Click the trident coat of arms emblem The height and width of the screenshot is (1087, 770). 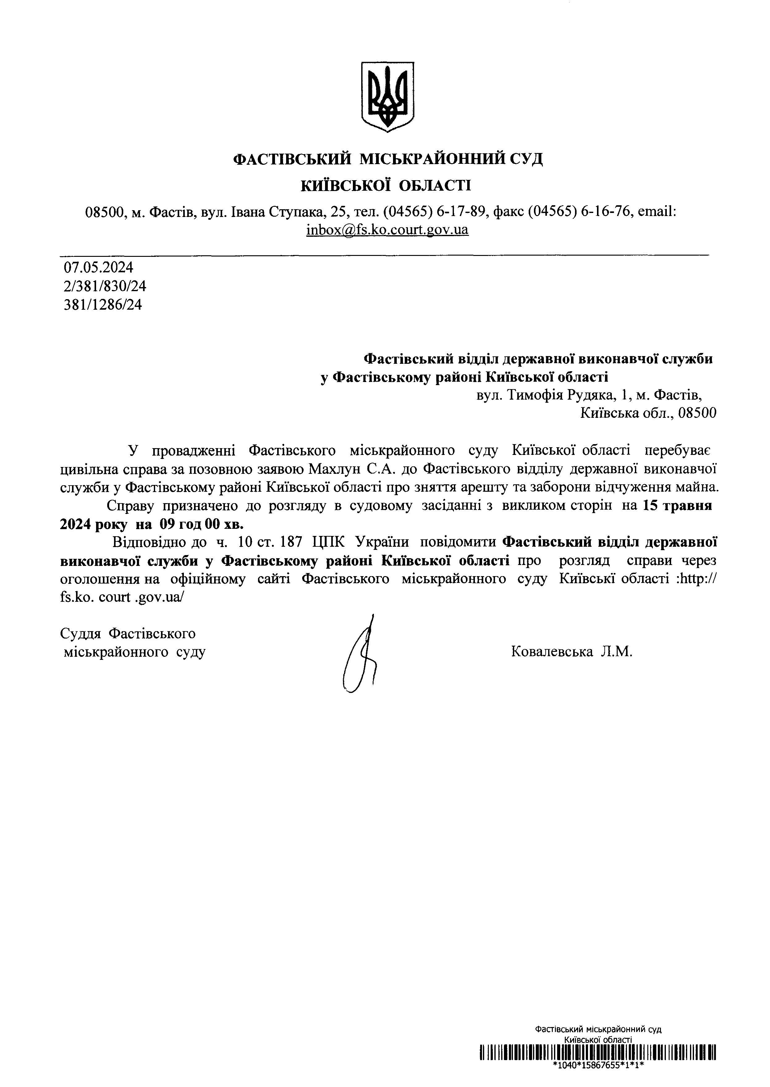coord(388,97)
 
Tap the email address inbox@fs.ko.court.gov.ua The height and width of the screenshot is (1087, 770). coord(387,230)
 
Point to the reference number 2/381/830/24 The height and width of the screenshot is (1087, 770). coord(105,286)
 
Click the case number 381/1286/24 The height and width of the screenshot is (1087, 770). coord(103,304)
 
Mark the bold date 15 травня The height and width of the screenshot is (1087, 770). coord(678,506)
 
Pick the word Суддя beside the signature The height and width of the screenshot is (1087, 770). coord(80,634)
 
